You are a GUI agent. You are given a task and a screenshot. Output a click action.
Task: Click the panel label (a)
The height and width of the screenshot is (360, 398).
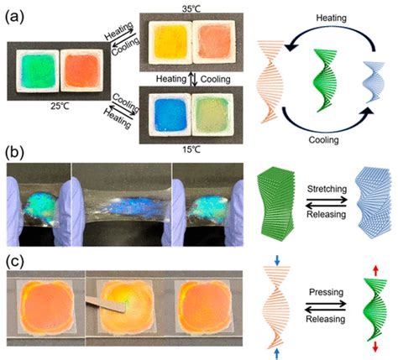pos(14,18)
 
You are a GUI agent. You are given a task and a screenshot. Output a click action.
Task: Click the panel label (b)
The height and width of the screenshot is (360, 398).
pos(14,153)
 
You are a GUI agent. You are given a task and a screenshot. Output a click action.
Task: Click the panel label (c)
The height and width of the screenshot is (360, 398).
pos(14,261)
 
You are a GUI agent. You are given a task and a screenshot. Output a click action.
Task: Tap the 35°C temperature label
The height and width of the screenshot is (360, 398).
pos(191,9)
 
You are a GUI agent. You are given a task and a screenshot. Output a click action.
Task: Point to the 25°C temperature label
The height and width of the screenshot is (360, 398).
pos(59,107)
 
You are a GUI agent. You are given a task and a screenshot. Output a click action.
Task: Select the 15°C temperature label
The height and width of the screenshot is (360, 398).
pos(191,149)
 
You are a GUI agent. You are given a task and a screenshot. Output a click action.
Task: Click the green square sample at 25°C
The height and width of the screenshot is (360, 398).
pos(38,71)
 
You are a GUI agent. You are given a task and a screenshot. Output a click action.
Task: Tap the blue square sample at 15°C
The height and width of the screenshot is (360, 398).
pos(170,115)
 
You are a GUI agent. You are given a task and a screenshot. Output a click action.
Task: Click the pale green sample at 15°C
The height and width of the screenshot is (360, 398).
pos(212,115)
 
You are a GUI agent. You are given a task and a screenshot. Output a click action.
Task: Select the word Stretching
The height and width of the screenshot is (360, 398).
pos(327,189)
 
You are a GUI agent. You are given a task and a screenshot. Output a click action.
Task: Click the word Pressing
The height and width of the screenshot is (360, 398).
pos(326,292)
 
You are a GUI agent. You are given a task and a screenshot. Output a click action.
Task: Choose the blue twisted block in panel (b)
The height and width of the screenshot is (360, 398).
pos(372,202)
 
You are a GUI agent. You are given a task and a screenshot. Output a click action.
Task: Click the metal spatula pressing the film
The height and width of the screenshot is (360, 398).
pos(106,305)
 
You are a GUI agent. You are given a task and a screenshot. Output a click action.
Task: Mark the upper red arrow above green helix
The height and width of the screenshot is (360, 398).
pos(375,271)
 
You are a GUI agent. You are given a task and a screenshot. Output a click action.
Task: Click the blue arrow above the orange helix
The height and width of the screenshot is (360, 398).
pos(277,260)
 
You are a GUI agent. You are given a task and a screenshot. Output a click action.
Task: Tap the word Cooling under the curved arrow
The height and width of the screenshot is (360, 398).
pos(323,139)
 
